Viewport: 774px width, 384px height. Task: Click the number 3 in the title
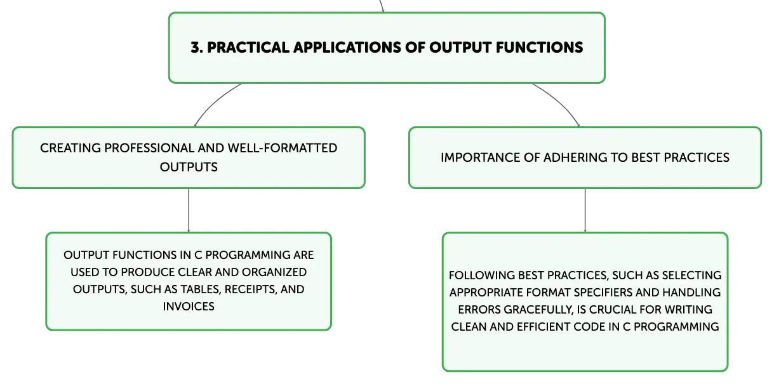[196, 48]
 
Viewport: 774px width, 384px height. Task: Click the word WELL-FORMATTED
[283, 148]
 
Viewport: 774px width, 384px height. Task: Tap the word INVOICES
[189, 307]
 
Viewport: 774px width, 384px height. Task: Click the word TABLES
[201, 289]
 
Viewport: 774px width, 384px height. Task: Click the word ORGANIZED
[274, 272]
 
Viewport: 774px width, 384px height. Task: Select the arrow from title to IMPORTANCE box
[560, 102]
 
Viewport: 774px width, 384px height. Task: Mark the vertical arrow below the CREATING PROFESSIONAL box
[189, 210]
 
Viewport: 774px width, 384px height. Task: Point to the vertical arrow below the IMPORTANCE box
[585, 210]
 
